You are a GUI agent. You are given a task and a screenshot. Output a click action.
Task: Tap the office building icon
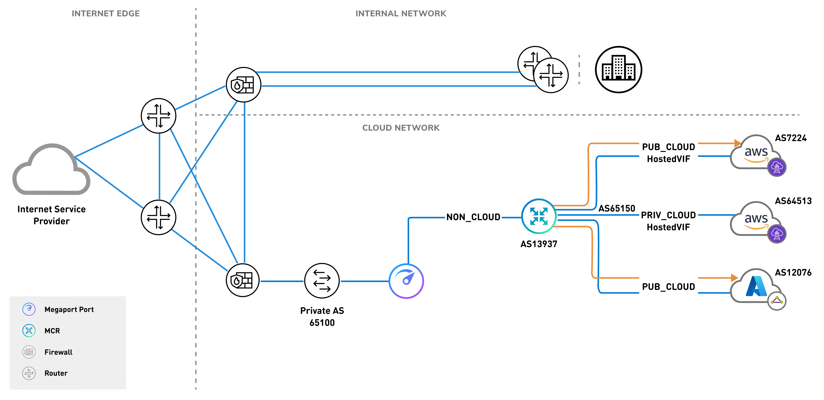click(x=618, y=70)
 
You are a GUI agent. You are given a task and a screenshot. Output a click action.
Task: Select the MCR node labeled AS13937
click(x=539, y=216)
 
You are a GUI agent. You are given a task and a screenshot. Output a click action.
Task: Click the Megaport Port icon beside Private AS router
click(x=406, y=281)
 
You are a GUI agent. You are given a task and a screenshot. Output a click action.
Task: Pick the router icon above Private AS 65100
click(x=322, y=281)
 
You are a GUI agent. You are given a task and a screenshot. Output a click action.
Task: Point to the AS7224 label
click(x=791, y=138)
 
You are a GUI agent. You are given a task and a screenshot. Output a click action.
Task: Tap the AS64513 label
click(x=793, y=201)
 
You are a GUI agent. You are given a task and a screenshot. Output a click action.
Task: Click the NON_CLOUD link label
click(x=473, y=217)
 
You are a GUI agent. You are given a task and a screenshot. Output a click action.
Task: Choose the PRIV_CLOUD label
click(x=668, y=215)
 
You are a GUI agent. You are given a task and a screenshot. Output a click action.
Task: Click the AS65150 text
click(x=616, y=208)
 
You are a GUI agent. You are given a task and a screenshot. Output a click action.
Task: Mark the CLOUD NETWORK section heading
click(x=401, y=128)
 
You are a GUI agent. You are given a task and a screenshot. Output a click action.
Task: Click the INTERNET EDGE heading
click(x=105, y=13)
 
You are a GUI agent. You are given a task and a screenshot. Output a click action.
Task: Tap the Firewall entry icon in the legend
click(x=29, y=352)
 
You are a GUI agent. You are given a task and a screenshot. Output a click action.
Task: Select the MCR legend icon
click(x=29, y=331)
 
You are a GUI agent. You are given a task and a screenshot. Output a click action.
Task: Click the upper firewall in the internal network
click(x=243, y=85)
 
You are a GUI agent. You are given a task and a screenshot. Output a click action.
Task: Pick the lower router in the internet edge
click(x=159, y=217)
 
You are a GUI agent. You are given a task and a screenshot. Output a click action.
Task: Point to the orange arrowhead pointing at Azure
click(x=735, y=278)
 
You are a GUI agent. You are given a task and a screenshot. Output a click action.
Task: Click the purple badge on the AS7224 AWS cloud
click(x=777, y=167)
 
